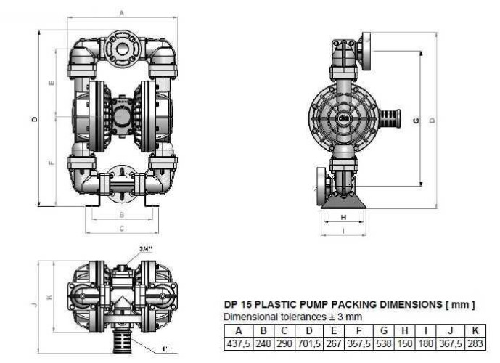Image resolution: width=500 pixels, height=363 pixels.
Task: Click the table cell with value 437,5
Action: coord(236,342)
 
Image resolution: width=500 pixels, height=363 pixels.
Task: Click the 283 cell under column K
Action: coord(475,342)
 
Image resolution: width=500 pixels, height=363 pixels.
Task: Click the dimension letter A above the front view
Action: coord(121,13)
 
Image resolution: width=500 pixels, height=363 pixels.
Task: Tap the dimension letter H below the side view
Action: coord(343,217)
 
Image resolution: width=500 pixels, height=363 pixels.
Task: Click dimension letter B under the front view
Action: coord(121,215)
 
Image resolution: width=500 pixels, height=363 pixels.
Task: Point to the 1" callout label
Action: coord(166,350)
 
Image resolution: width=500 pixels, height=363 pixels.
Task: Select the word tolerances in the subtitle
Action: coord(295,317)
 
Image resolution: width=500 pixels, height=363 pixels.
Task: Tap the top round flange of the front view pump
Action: coord(121,46)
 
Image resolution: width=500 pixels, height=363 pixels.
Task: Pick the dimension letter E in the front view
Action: coord(52,83)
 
